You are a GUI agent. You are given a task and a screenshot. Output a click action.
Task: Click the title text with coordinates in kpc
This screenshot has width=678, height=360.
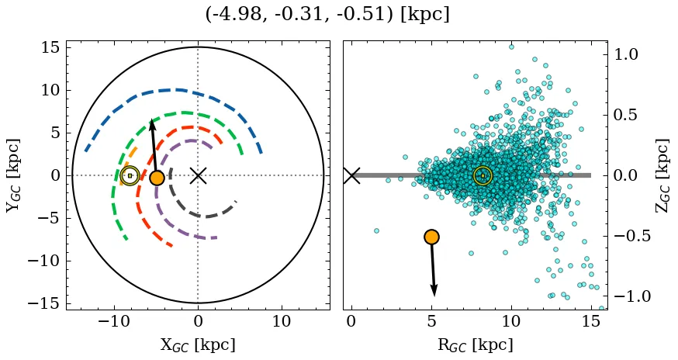[327, 15]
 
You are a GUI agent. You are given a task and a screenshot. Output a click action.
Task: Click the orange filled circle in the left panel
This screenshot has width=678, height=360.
[157, 178]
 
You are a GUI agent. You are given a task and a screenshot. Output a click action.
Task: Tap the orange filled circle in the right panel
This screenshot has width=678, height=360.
[431, 237]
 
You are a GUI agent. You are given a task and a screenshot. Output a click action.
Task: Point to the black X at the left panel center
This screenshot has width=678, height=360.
[198, 175]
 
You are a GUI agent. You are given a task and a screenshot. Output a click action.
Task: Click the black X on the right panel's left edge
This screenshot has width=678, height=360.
[351, 175]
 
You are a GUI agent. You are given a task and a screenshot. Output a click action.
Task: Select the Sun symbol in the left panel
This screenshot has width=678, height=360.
[130, 176]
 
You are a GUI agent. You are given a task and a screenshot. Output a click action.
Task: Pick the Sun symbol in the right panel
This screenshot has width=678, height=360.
[483, 176]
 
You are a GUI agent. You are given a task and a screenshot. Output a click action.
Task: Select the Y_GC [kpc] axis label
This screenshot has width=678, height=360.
[13, 175]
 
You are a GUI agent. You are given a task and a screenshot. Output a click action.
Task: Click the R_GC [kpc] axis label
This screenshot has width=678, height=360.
[475, 344]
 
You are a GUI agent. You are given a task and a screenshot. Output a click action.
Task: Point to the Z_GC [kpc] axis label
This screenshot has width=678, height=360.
[662, 175]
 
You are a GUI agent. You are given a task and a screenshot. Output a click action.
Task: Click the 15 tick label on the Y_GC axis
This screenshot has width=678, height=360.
[50, 47]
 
